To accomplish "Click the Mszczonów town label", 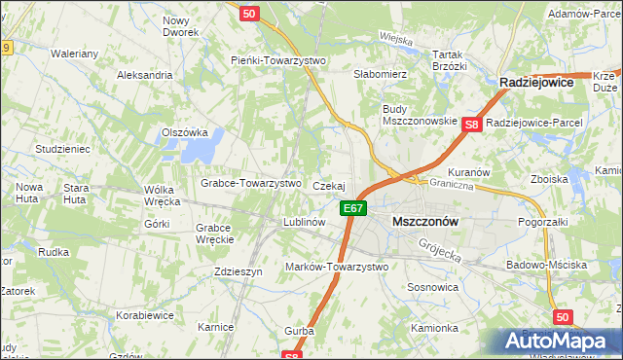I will pyautogui.click(x=424, y=221).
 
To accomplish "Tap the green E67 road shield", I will pyautogui.click(x=353, y=207).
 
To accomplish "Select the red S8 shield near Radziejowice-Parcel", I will pyautogui.click(x=472, y=124).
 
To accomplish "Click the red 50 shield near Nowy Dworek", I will pyautogui.click(x=249, y=14).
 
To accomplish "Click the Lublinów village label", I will pyautogui.click(x=303, y=222).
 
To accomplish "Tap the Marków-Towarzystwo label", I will pyautogui.click(x=336, y=267).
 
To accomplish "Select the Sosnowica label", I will pyautogui.click(x=433, y=288).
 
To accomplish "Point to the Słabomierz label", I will pyautogui.click(x=380, y=74).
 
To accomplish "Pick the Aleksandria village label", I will pyautogui.click(x=144, y=75).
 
